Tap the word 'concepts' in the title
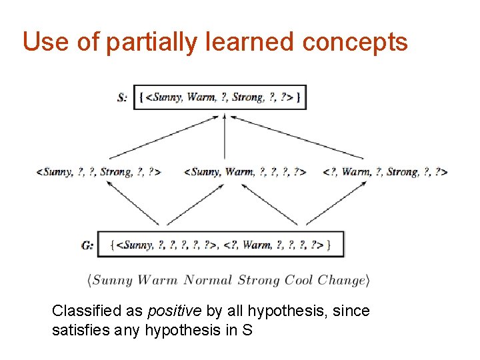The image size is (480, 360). [x=354, y=42]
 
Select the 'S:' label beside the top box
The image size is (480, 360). [x=122, y=97]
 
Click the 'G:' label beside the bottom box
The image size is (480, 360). [x=87, y=245]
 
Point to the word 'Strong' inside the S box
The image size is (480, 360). [x=247, y=97]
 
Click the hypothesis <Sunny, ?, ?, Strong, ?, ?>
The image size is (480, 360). [x=99, y=172]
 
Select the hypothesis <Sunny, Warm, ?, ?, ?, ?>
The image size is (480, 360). [x=245, y=172]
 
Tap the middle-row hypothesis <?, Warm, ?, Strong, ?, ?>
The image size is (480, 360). [x=385, y=172]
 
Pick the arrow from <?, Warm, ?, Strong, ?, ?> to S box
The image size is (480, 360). [x=293, y=137]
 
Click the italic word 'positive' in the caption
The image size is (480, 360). [x=169, y=311]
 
